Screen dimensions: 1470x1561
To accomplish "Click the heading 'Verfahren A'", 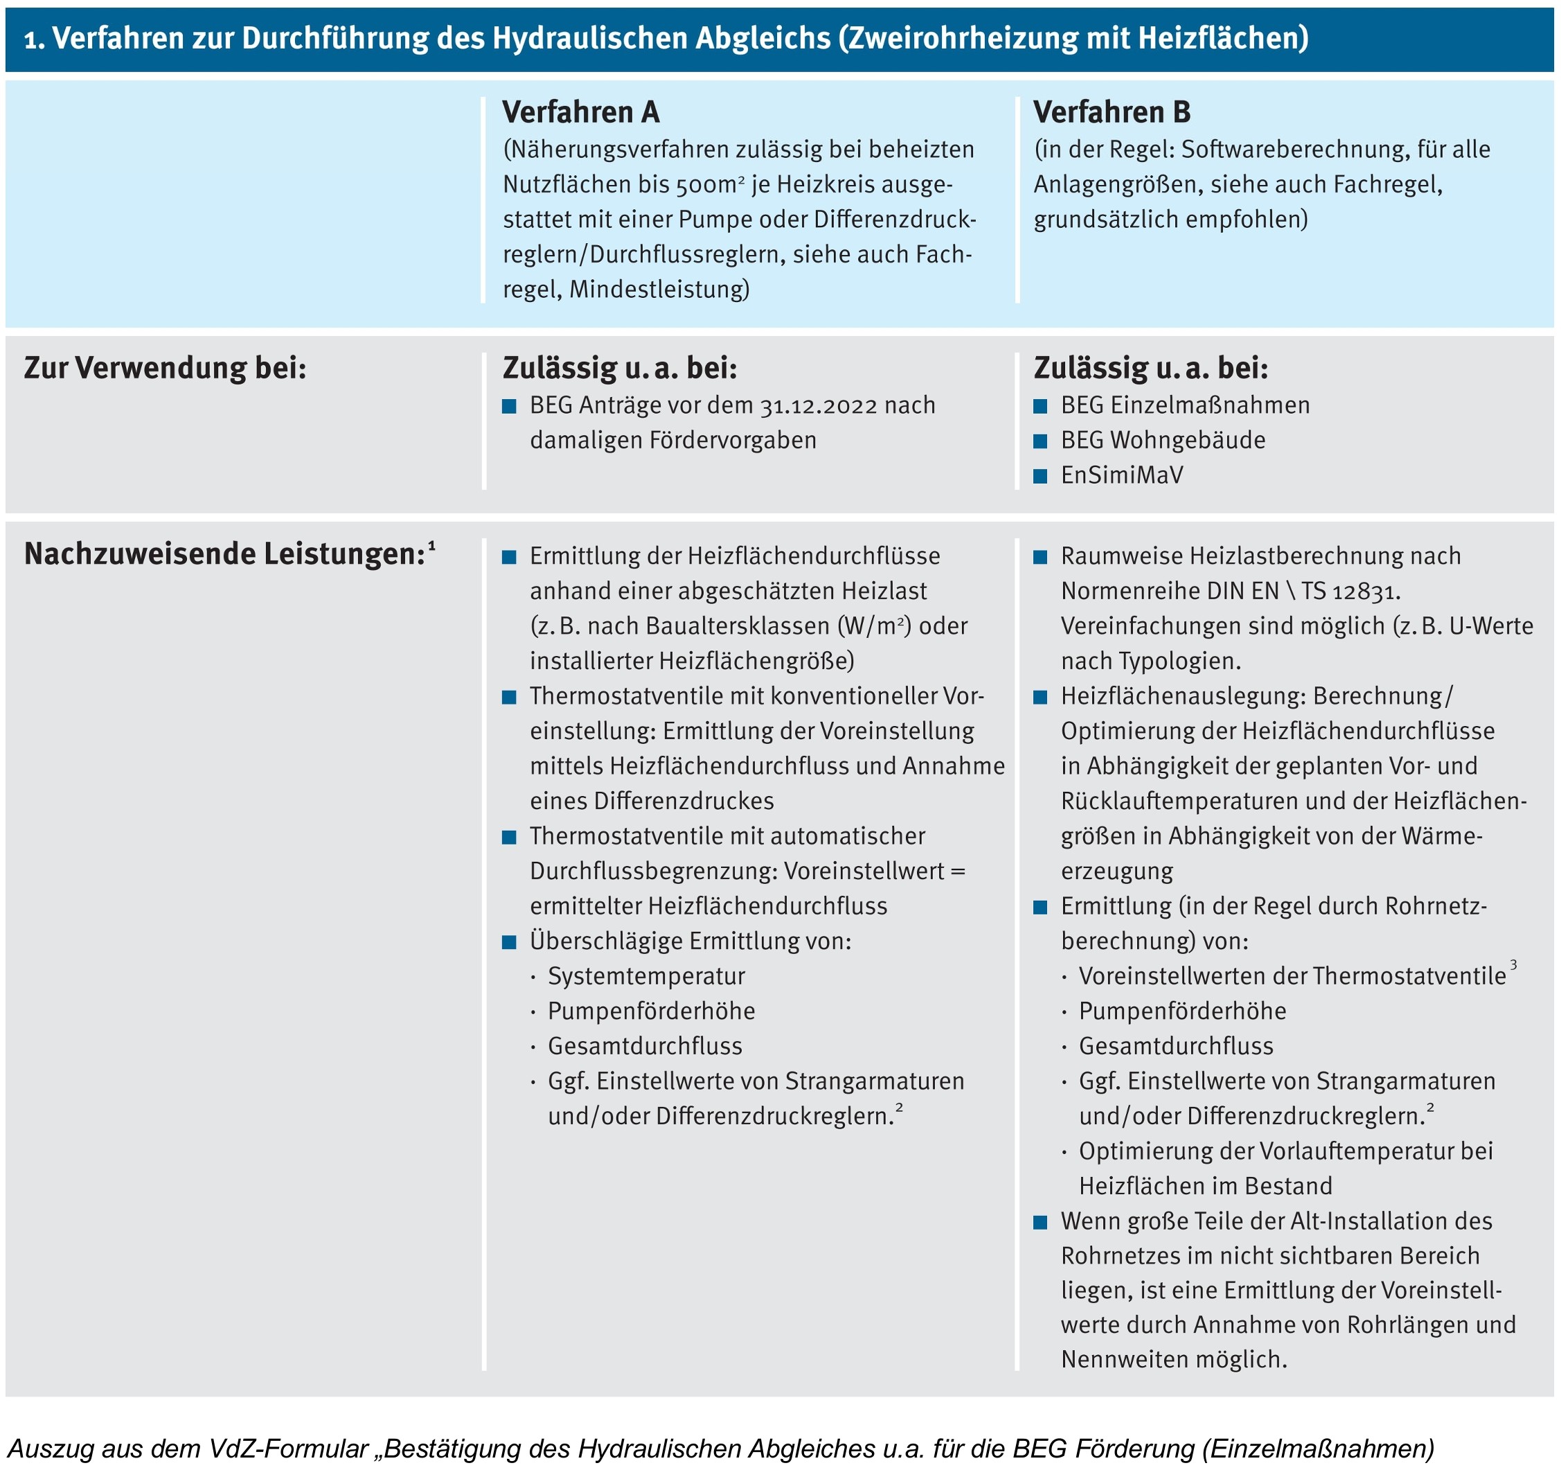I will coord(580,112).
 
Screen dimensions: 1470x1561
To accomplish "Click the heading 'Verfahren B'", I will coord(1111,112).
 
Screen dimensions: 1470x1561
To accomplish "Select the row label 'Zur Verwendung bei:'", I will coord(165,367).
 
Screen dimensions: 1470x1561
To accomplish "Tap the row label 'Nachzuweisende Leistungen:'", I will coord(224,554).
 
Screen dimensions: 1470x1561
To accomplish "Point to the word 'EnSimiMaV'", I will coord(1121,475).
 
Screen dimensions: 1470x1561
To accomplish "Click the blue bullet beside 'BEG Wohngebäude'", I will coord(1040,441).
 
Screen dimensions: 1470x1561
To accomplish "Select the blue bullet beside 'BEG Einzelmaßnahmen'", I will coord(1040,406).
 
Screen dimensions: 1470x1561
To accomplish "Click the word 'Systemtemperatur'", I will coord(646,976).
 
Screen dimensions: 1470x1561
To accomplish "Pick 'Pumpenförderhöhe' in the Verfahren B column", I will coord(1183,1011).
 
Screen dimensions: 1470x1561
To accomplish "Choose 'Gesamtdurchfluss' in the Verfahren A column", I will coord(645,1046).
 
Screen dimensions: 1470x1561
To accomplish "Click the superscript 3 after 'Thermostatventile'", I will coord(1513,965).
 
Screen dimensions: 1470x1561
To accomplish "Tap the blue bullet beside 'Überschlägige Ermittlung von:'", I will coord(509,941).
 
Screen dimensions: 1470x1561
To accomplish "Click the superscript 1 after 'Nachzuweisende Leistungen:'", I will coord(432,545).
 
